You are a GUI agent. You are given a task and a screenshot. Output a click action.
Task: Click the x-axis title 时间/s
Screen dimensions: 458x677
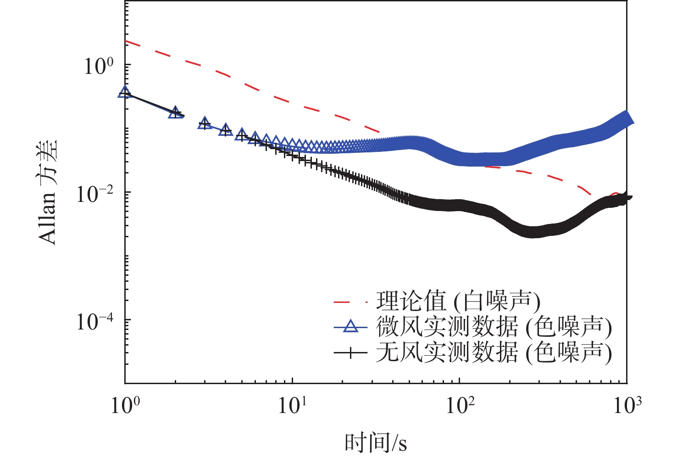pos(376,442)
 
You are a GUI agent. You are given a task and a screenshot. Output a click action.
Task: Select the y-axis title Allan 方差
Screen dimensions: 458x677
pos(48,192)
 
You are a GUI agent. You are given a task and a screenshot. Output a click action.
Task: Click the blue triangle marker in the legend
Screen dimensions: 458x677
pos(350,327)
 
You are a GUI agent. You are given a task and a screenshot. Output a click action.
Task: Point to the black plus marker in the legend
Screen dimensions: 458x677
pos(350,352)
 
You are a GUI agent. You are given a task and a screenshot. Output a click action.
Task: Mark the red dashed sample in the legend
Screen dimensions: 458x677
pos(350,302)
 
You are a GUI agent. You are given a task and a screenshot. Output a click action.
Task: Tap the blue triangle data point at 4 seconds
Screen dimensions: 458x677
pos(225,130)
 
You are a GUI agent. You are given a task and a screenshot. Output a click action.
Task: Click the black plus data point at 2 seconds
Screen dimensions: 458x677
pos(175,112)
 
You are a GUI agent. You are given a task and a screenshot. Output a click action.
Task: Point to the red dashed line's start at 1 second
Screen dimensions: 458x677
pos(125,41)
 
